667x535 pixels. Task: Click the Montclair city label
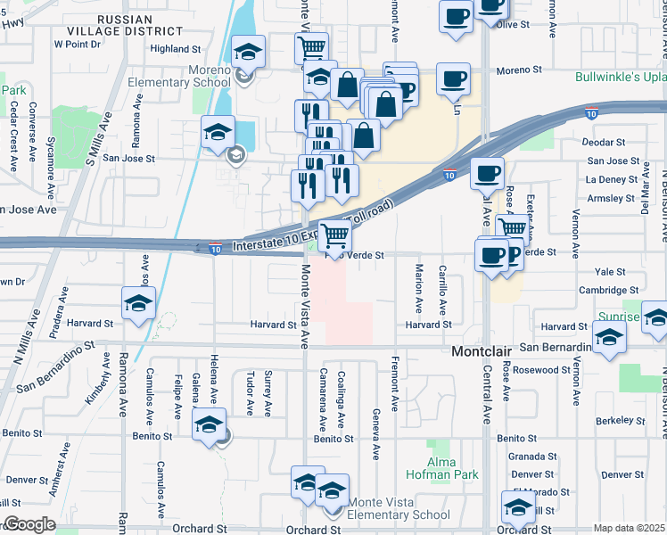(482, 351)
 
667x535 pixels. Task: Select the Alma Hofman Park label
(442, 468)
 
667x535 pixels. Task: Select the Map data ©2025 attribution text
(629, 528)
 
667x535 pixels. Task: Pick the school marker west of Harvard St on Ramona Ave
(138, 304)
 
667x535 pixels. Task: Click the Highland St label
(176, 49)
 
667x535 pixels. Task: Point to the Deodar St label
(603, 142)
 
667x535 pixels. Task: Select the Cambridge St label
(609, 290)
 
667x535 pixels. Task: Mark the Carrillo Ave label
(442, 293)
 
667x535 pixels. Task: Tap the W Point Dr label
(78, 43)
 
